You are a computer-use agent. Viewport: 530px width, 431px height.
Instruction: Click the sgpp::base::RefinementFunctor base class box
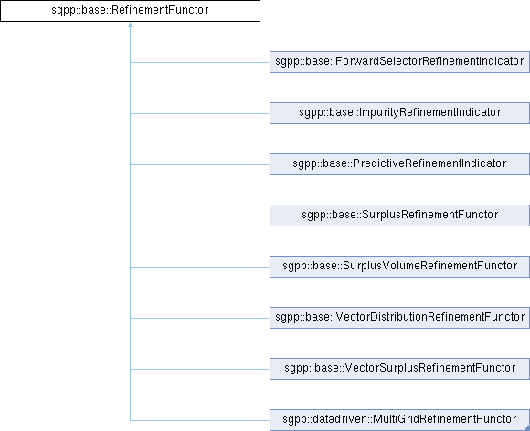(130, 11)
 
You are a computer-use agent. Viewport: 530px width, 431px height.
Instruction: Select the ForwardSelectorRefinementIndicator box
(399, 62)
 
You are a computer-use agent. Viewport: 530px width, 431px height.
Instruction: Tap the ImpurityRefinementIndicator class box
(399, 113)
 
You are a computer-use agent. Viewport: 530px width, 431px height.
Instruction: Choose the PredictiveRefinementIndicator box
(399, 164)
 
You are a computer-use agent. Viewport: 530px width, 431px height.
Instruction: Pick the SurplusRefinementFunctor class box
(399, 215)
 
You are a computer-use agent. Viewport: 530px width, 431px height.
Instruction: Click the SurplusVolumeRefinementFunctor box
(399, 267)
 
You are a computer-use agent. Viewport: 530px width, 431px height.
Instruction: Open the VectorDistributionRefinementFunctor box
(399, 318)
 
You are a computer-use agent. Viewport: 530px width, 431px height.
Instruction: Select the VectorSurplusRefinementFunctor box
(399, 369)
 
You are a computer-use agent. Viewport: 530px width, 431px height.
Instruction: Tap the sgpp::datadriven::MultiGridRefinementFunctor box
(399, 420)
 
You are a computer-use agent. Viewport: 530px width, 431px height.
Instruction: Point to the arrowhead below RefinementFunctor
(130, 25)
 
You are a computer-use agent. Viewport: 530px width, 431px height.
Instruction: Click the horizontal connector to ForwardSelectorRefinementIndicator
(200, 62)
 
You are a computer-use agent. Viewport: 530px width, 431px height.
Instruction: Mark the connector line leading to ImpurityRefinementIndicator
(200, 113)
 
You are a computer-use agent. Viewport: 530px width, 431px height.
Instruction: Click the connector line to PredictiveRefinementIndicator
(200, 165)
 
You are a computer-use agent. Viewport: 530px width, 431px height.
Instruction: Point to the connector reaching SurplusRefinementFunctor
(200, 215)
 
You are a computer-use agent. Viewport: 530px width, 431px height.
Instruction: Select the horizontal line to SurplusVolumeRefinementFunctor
(200, 268)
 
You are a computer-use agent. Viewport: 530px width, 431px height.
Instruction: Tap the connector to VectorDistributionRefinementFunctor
(200, 318)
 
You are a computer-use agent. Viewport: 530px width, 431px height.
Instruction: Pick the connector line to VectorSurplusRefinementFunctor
(200, 370)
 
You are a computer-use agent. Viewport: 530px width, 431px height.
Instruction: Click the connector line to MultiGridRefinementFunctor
(200, 421)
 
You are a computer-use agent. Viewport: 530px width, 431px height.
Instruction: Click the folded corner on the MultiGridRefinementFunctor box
(526, 428)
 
